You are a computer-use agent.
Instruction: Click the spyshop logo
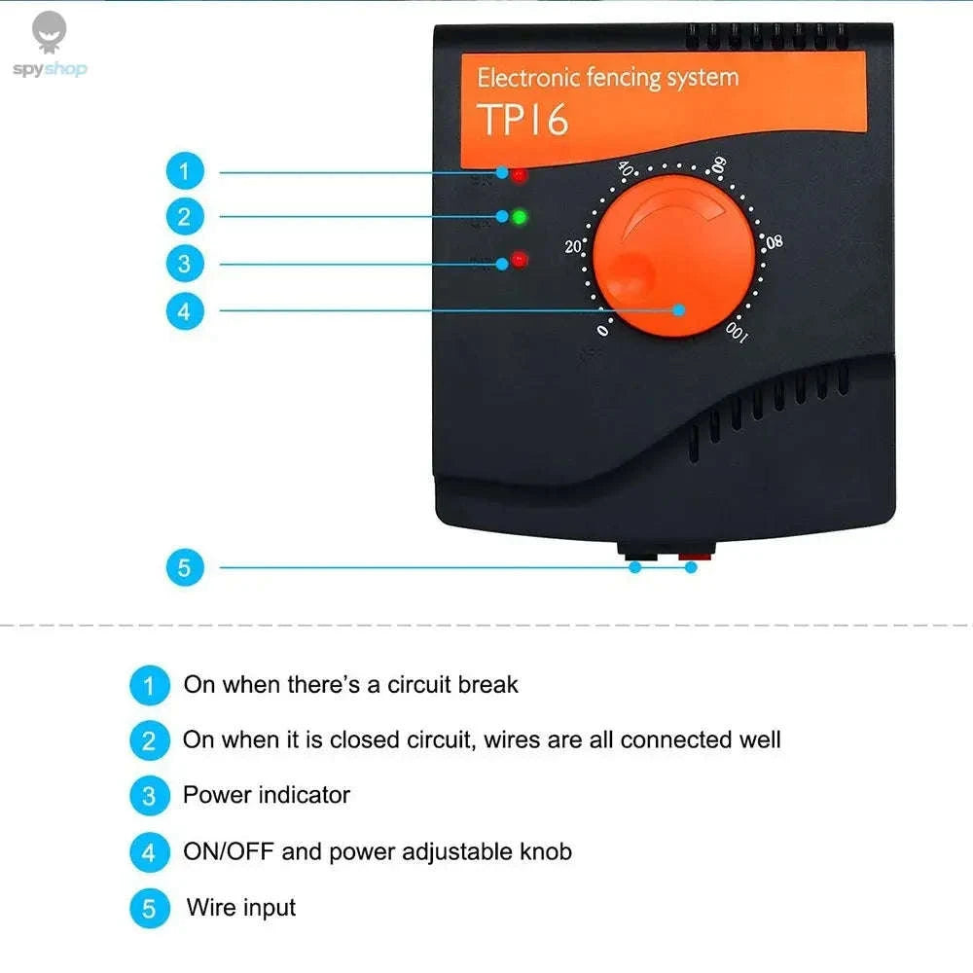click(x=49, y=46)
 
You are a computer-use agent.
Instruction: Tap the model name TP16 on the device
click(x=523, y=120)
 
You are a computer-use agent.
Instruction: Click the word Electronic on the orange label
click(x=530, y=78)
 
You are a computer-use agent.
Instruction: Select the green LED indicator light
click(x=519, y=217)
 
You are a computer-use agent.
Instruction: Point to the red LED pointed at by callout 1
click(x=520, y=176)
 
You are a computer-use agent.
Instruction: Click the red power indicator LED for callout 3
click(x=519, y=260)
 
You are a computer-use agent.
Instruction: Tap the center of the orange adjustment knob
click(x=674, y=257)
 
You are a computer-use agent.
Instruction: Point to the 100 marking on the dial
click(x=736, y=334)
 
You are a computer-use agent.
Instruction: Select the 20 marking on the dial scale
click(x=573, y=246)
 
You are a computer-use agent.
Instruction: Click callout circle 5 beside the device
click(x=185, y=566)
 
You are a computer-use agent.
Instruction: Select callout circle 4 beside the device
click(x=185, y=311)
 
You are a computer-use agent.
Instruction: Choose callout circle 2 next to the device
click(x=185, y=216)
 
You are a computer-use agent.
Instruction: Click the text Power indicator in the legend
click(x=266, y=795)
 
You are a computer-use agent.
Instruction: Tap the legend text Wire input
click(x=240, y=908)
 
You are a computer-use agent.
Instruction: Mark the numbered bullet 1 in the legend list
click(x=149, y=685)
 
